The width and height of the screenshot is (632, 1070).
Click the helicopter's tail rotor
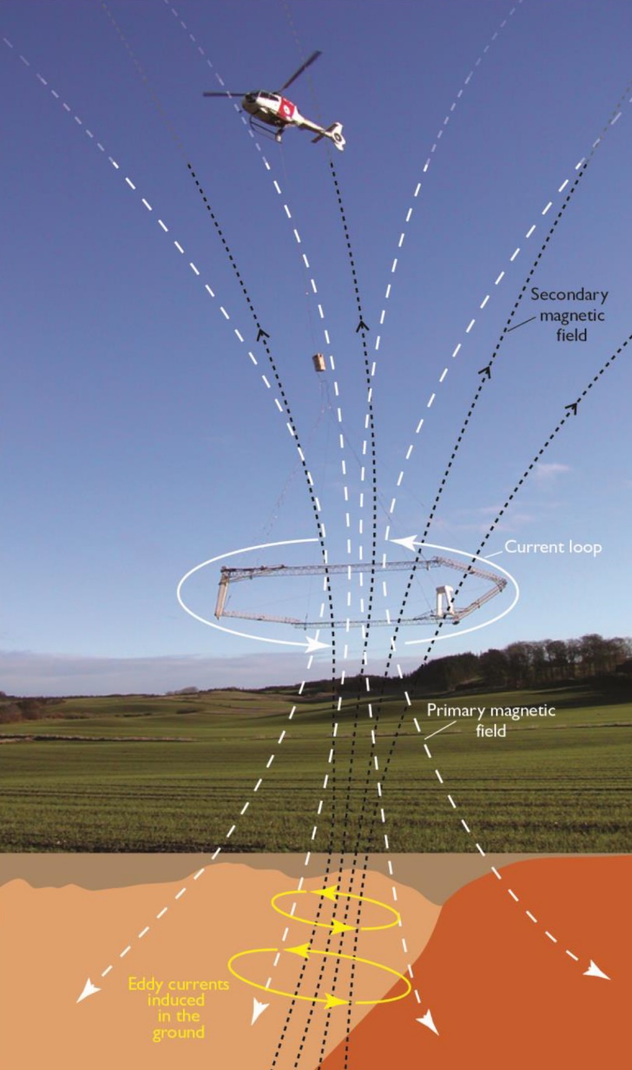(x=339, y=136)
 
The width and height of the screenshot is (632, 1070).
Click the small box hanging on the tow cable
(x=319, y=362)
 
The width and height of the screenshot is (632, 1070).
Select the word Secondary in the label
(x=570, y=295)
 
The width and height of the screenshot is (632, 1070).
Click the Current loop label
(x=553, y=547)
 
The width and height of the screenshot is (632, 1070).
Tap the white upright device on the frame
(x=445, y=600)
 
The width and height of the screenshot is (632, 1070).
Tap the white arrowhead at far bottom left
(x=86, y=988)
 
